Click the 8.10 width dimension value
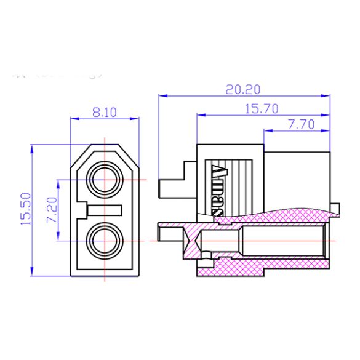[x=105, y=112]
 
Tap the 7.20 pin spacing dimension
[x=51, y=210]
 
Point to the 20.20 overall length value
[x=242, y=89]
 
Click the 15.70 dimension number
[x=262, y=108]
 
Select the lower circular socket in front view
[x=105, y=240]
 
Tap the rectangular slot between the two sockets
[x=105, y=210]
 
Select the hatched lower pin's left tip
[x=161, y=233]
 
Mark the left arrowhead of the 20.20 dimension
[x=162, y=96]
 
